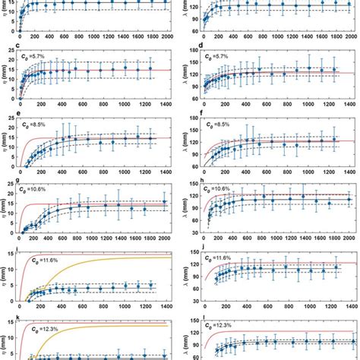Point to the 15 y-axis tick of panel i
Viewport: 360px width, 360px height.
click(16, 257)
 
